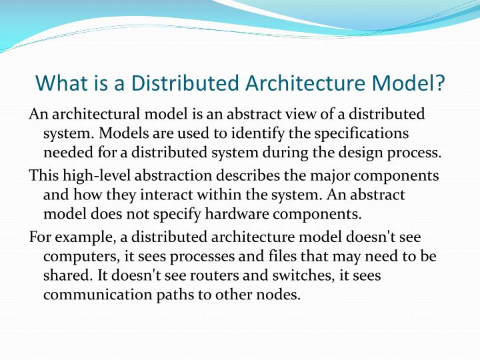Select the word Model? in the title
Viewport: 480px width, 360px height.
[411, 83]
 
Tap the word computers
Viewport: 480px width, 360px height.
[75, 257]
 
